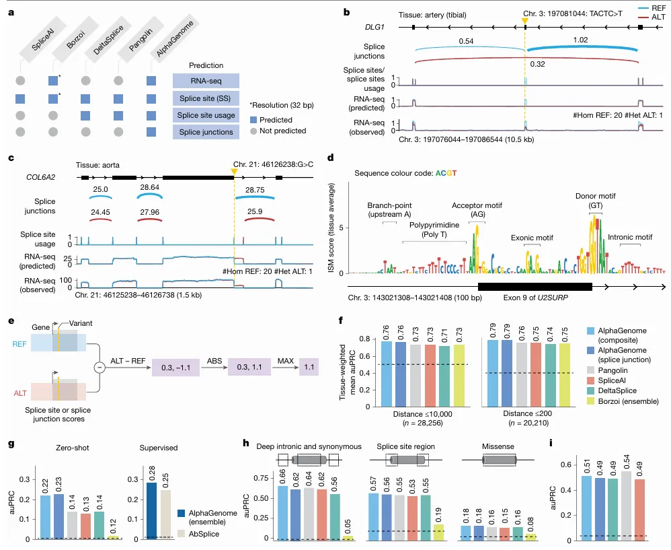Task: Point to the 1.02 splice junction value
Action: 580,40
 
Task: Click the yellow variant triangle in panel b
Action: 524,21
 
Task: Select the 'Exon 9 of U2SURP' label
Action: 534,298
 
